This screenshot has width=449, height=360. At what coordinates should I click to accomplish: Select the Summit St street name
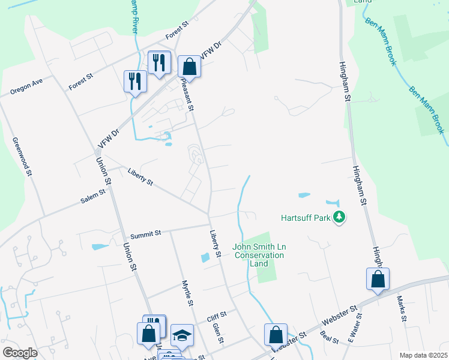pos(146,233)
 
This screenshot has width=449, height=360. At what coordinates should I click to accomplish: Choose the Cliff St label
pos(216,314)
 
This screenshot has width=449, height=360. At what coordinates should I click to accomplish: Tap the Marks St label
pos(402,307)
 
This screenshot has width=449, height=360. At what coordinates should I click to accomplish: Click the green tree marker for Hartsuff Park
pos(340,217)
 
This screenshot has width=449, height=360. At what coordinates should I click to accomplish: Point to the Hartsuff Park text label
pos(306,217)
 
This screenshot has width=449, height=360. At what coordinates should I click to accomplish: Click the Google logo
pos(20,353)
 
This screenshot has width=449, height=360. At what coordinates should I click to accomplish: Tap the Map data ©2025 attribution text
pos(423,355)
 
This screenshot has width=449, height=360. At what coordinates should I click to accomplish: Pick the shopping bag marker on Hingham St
pos(378,279)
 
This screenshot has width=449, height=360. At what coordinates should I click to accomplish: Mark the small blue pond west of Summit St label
pos(99,246)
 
